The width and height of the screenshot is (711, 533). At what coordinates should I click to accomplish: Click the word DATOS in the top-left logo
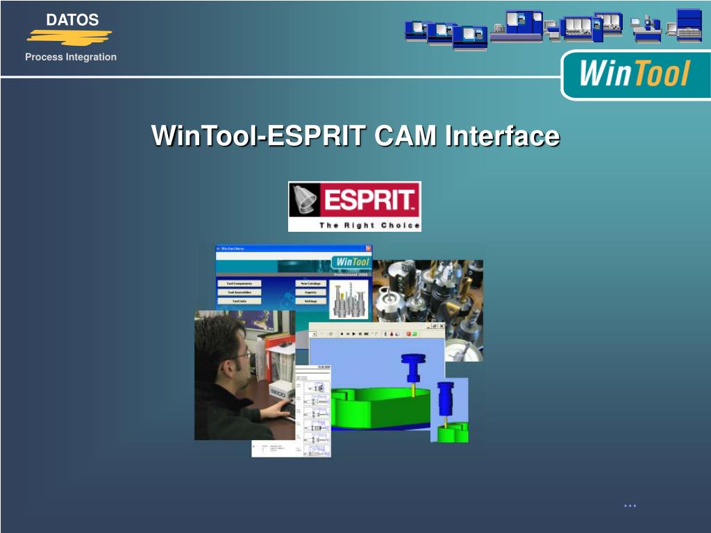[72, 20]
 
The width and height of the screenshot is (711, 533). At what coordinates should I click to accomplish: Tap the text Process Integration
[71, 57]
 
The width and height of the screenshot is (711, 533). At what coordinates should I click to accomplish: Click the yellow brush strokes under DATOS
[69, 37]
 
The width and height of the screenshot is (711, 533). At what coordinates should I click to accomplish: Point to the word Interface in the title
[502, 135]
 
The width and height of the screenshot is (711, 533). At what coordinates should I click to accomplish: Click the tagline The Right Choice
[369, 225]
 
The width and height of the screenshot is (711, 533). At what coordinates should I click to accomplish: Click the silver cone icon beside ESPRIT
[304, 201]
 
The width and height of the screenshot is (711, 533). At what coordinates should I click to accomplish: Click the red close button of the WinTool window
[369, 248]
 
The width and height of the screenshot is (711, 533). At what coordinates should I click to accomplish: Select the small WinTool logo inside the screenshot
[351, 262]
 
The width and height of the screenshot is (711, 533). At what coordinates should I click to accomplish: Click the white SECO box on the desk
[281, 390]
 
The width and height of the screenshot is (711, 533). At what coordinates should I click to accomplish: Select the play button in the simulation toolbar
[353, 334]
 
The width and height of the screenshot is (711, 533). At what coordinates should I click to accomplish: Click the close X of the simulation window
[441, 325]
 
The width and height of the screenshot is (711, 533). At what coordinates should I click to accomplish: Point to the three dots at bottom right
[630, 506]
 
